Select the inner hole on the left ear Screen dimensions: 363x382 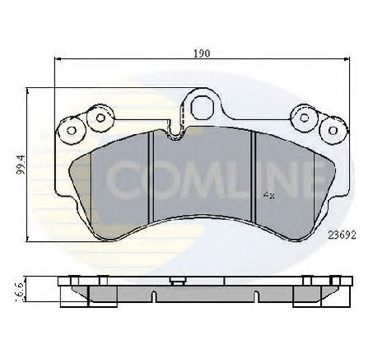tap(100, 117)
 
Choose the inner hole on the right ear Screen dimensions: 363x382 tap(305, 117)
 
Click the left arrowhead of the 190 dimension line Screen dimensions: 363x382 tap(57, 59)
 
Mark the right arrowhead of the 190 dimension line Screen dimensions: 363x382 tap(347, 59)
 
